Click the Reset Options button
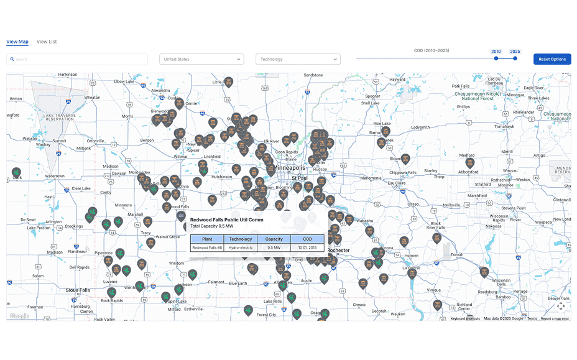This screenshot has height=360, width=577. tap(552, 59)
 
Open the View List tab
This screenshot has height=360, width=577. tap(47, 42)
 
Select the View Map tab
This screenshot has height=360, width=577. tap(17, 42)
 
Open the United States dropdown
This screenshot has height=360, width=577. tap(201, 59)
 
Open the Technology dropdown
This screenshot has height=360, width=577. tap(298, 59)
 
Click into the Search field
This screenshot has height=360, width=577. tap(77, 59)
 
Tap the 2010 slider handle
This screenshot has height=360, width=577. tap(496, 58)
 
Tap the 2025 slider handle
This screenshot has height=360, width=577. tap(515, 58)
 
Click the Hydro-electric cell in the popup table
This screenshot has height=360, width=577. tap(241, 247)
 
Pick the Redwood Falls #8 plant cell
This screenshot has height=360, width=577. tap(207, 247)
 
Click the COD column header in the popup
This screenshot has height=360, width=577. tap(307, 239)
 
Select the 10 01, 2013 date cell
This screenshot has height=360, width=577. tap(307, 247)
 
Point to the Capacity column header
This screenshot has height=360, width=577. tap(274, 239)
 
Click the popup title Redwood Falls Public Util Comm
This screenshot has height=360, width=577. tap(226, 219)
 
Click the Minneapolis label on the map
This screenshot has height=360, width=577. tap(290, 168)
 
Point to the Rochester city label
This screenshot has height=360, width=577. tap(339, 251)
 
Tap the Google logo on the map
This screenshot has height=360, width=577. tap(19, 316)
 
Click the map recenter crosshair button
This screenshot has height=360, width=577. tap(561, 305)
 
